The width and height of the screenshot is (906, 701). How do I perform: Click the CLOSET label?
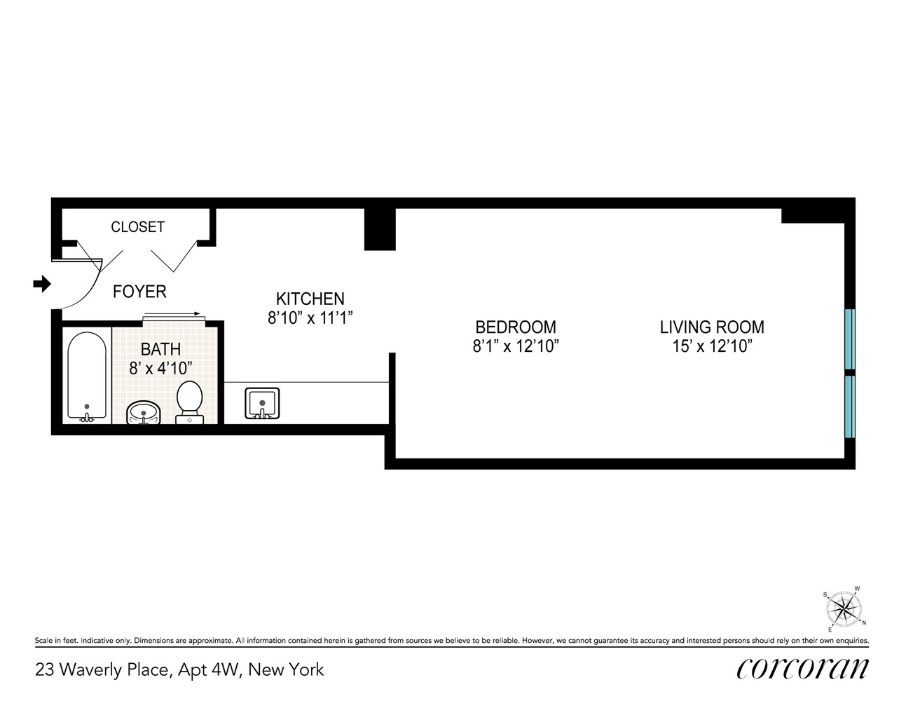coord(138,227)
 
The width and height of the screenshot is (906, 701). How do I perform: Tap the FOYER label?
coord(139,292)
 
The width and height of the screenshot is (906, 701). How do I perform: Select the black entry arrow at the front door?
coord(43,284)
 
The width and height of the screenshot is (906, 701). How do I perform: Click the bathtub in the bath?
coord(87,376)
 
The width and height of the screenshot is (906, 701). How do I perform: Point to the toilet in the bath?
coord(188,402)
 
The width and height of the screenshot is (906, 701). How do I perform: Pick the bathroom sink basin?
coord(144,412)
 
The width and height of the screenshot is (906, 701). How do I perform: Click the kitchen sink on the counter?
coord(262,404)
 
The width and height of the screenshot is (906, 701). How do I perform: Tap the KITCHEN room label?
coord(310,299)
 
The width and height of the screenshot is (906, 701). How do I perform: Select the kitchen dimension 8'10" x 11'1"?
coord(310,318)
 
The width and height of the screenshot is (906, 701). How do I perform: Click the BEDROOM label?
coord(516,327)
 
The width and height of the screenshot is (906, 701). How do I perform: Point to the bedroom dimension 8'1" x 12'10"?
coord(516,346)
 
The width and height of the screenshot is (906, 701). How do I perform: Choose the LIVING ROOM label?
coord(712,327)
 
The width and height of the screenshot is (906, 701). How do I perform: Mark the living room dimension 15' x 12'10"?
coord(712,346)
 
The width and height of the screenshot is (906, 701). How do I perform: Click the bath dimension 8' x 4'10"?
coord(160,367)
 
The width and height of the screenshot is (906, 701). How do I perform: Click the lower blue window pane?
coord(850,407)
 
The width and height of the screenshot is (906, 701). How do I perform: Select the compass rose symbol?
coord(846,608)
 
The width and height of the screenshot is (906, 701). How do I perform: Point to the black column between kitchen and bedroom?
coord(380,229)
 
